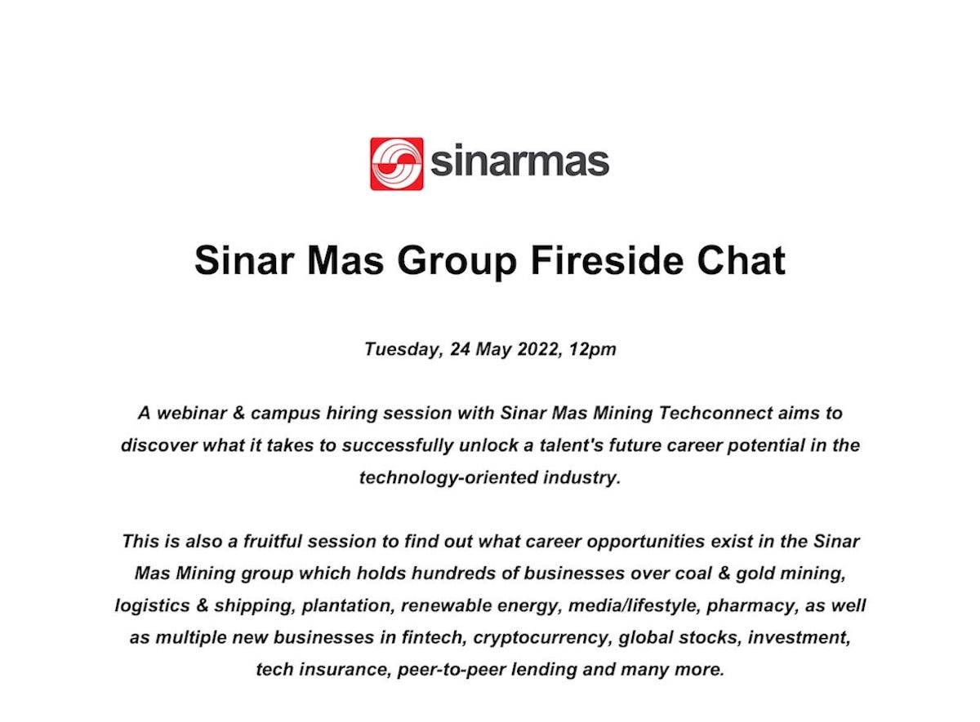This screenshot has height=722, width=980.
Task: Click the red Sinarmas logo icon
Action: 396,163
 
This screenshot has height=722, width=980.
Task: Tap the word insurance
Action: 340,671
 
